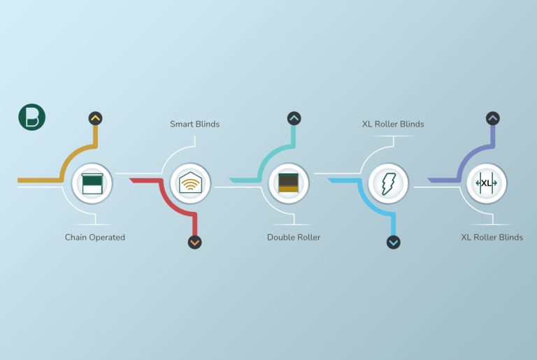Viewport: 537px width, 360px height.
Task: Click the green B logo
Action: coord(32,117)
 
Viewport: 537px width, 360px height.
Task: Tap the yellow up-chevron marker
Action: coord(96,119)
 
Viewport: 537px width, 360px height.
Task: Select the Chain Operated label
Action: coord(95,238)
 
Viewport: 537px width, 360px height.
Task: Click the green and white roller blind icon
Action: coord(92,184)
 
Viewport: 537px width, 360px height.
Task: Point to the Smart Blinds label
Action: coord(195,124)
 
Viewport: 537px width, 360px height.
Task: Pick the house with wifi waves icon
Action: coord(191,183)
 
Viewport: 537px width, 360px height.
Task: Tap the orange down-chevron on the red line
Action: coord(195,242)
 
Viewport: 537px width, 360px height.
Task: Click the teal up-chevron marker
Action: coord(294,119)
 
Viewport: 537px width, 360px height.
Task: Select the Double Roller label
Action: coord(294,238)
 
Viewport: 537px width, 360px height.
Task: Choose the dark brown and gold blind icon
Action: coord(288,183)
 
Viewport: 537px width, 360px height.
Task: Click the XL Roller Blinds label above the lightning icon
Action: coord(393,124)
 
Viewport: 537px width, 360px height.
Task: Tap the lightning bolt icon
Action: coord(388,184)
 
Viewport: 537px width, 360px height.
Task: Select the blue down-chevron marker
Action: coord(394,242)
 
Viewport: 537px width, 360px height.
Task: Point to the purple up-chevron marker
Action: coord(493,119)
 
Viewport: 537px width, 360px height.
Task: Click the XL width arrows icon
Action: coord(487,183)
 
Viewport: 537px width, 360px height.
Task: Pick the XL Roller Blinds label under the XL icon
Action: coord(492,238)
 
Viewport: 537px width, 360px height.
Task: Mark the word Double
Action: coord(278,238)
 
